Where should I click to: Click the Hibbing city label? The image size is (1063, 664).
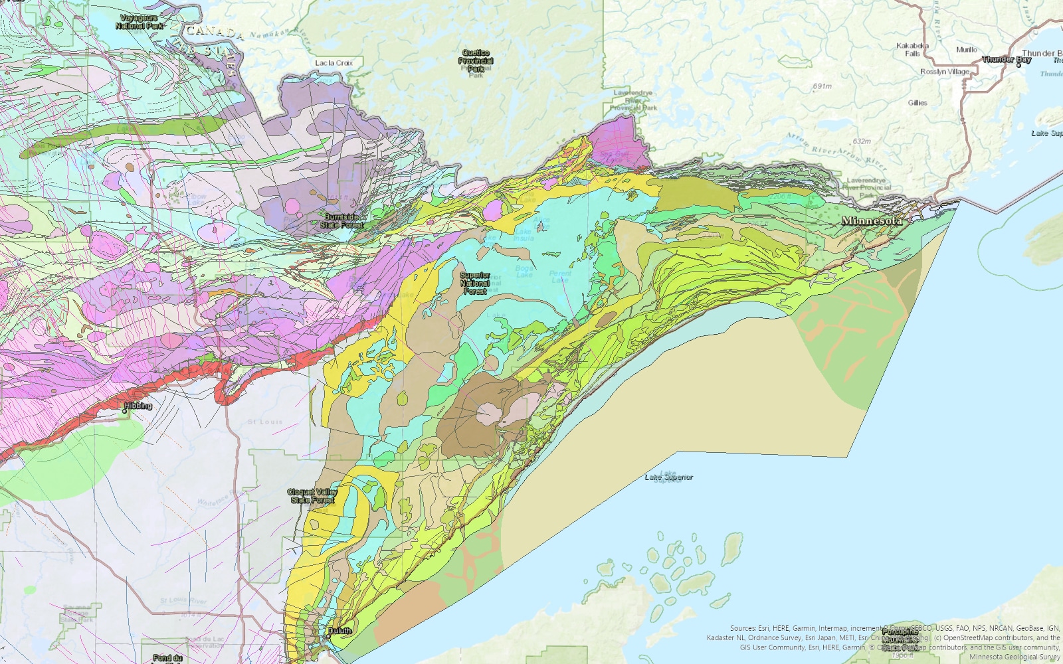pos(138,406)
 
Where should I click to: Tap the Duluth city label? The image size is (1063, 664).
pos(339,631)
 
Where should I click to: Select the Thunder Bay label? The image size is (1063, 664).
pos(1007,59)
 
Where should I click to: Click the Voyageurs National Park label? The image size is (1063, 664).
pos(140,22)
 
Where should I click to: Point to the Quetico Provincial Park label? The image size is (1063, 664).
pos(476,60)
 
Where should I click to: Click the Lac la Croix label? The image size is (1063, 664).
pos(334,63)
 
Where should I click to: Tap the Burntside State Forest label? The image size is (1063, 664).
pos(342,221)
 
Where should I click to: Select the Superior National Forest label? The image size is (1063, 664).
pos(475,283)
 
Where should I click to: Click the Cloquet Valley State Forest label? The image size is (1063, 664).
pos(312,496)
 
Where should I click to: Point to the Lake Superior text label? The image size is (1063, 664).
pos(669,477)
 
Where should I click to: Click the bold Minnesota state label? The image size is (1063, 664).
pos(872,220)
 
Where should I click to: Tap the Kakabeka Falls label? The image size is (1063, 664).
pos(912,49)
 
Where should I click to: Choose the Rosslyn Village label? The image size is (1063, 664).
pos(945,72)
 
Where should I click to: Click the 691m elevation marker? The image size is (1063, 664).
pos(822,86)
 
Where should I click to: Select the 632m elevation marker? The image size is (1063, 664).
pos(862,141)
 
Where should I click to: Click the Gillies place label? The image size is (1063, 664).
pos(918,103)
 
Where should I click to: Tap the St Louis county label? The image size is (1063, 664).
pos(265,422)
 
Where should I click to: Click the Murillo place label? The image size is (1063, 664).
pos(966,50)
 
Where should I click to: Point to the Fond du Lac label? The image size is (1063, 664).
pos(167,657)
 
